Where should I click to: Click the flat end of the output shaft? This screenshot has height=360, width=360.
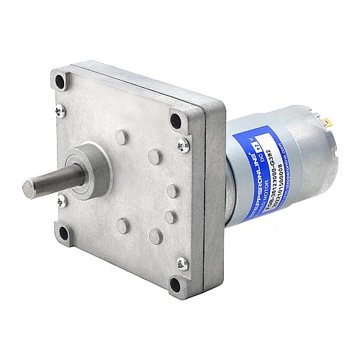(x=30, y=189)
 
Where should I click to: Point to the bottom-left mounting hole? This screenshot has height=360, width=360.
(x=64, y=233)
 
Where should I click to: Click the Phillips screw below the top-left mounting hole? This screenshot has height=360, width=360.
(x=61, y=109)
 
